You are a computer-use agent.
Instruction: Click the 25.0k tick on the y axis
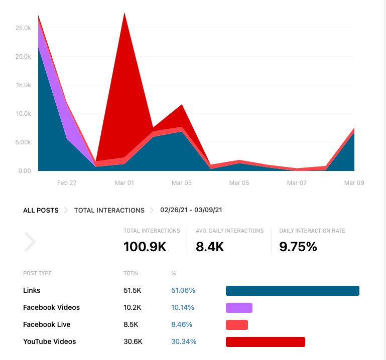tap(23, 28)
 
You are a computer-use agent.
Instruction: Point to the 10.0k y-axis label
tap(23, 114)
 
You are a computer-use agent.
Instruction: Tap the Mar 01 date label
tap(124, 183)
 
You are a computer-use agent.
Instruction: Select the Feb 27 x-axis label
tap(67, 183)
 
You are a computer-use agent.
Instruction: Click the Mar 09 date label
tap(354, 183)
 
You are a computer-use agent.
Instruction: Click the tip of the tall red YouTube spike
tap(124, 14)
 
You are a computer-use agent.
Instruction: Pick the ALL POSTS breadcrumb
tap(41, 211)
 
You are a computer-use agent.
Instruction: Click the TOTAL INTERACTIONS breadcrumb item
tap(109, 211)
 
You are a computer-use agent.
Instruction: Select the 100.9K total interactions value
tap(145, 247)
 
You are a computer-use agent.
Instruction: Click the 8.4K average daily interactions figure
tap(210, 247)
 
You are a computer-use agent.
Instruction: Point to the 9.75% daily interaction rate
tap(298, 247)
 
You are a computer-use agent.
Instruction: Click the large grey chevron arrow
tap(30, 242)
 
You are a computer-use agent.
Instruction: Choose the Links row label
tap(32, 290)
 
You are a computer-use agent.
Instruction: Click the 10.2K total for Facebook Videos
tap(132, 307)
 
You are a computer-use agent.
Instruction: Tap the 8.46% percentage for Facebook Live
tap(182, 324)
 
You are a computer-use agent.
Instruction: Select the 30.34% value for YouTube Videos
tap(184, 341)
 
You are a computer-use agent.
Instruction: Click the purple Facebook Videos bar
tap(239, 308)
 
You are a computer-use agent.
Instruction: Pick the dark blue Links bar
tap(292, 291)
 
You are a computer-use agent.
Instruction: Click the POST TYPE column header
tap(37, 273)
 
